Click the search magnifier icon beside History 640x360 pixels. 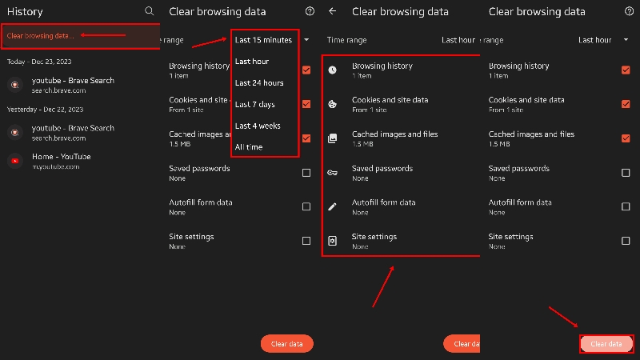149,12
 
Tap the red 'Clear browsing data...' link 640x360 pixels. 40,36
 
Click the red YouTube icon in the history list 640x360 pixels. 14,161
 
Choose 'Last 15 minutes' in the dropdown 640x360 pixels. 263,40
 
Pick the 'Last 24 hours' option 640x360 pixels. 259,83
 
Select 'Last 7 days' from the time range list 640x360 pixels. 254,105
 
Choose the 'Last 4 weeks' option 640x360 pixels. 258,126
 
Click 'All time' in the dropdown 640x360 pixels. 249,147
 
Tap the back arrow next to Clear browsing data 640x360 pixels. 332,12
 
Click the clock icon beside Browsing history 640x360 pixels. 333,70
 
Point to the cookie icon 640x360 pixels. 333,104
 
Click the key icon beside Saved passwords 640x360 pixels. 333,172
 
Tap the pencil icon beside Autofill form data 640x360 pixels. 333,206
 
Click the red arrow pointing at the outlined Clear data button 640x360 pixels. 564,318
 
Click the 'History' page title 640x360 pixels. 25,12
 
